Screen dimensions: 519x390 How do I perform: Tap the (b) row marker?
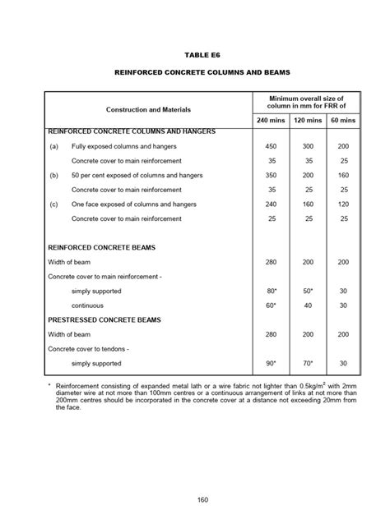click(54, 175)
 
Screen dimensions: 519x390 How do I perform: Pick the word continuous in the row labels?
click(88, 305)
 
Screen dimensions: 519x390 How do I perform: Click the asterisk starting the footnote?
click(50, 384)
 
